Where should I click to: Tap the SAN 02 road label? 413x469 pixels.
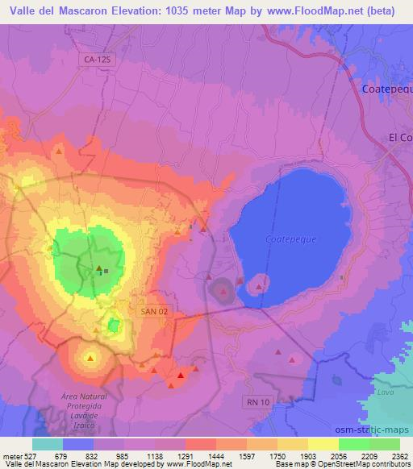click(152, 310)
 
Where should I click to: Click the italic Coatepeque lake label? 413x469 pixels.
click(286, 239)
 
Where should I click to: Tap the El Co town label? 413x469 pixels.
click(400, 137)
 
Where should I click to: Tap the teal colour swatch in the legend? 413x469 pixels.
click(48, 444)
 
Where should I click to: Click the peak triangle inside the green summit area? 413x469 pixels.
click(99, 268)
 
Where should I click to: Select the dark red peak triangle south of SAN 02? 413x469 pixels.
click(181, 375)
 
